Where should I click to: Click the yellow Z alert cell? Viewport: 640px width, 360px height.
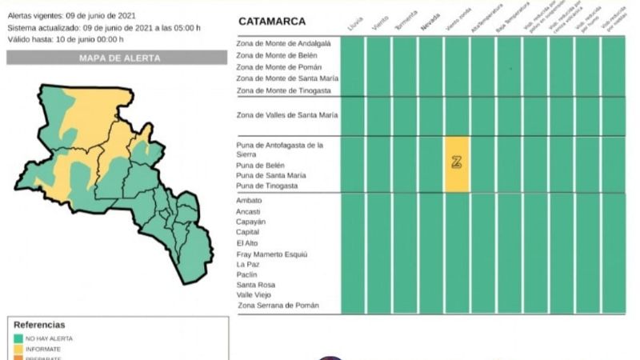[x=457, y=163]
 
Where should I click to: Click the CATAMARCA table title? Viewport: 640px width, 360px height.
[x=271, y=21]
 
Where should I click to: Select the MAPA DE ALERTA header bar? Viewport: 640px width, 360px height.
[x=117, y=58]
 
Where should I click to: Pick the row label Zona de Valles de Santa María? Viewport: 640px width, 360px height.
[x=287, y=115]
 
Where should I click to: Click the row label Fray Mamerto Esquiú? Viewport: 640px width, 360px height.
[x=271, y=254]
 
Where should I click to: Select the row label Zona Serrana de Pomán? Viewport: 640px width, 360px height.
[x=278, y=305]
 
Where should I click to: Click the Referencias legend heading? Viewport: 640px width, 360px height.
[x=39, y=325]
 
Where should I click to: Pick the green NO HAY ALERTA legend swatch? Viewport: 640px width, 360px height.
[x=18, y=338]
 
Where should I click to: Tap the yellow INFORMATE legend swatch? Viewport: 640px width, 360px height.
[x=18, y=348]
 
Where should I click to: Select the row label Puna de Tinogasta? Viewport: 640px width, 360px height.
[x=267, y=186]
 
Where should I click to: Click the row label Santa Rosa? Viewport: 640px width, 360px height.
[x=256, y=284]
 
